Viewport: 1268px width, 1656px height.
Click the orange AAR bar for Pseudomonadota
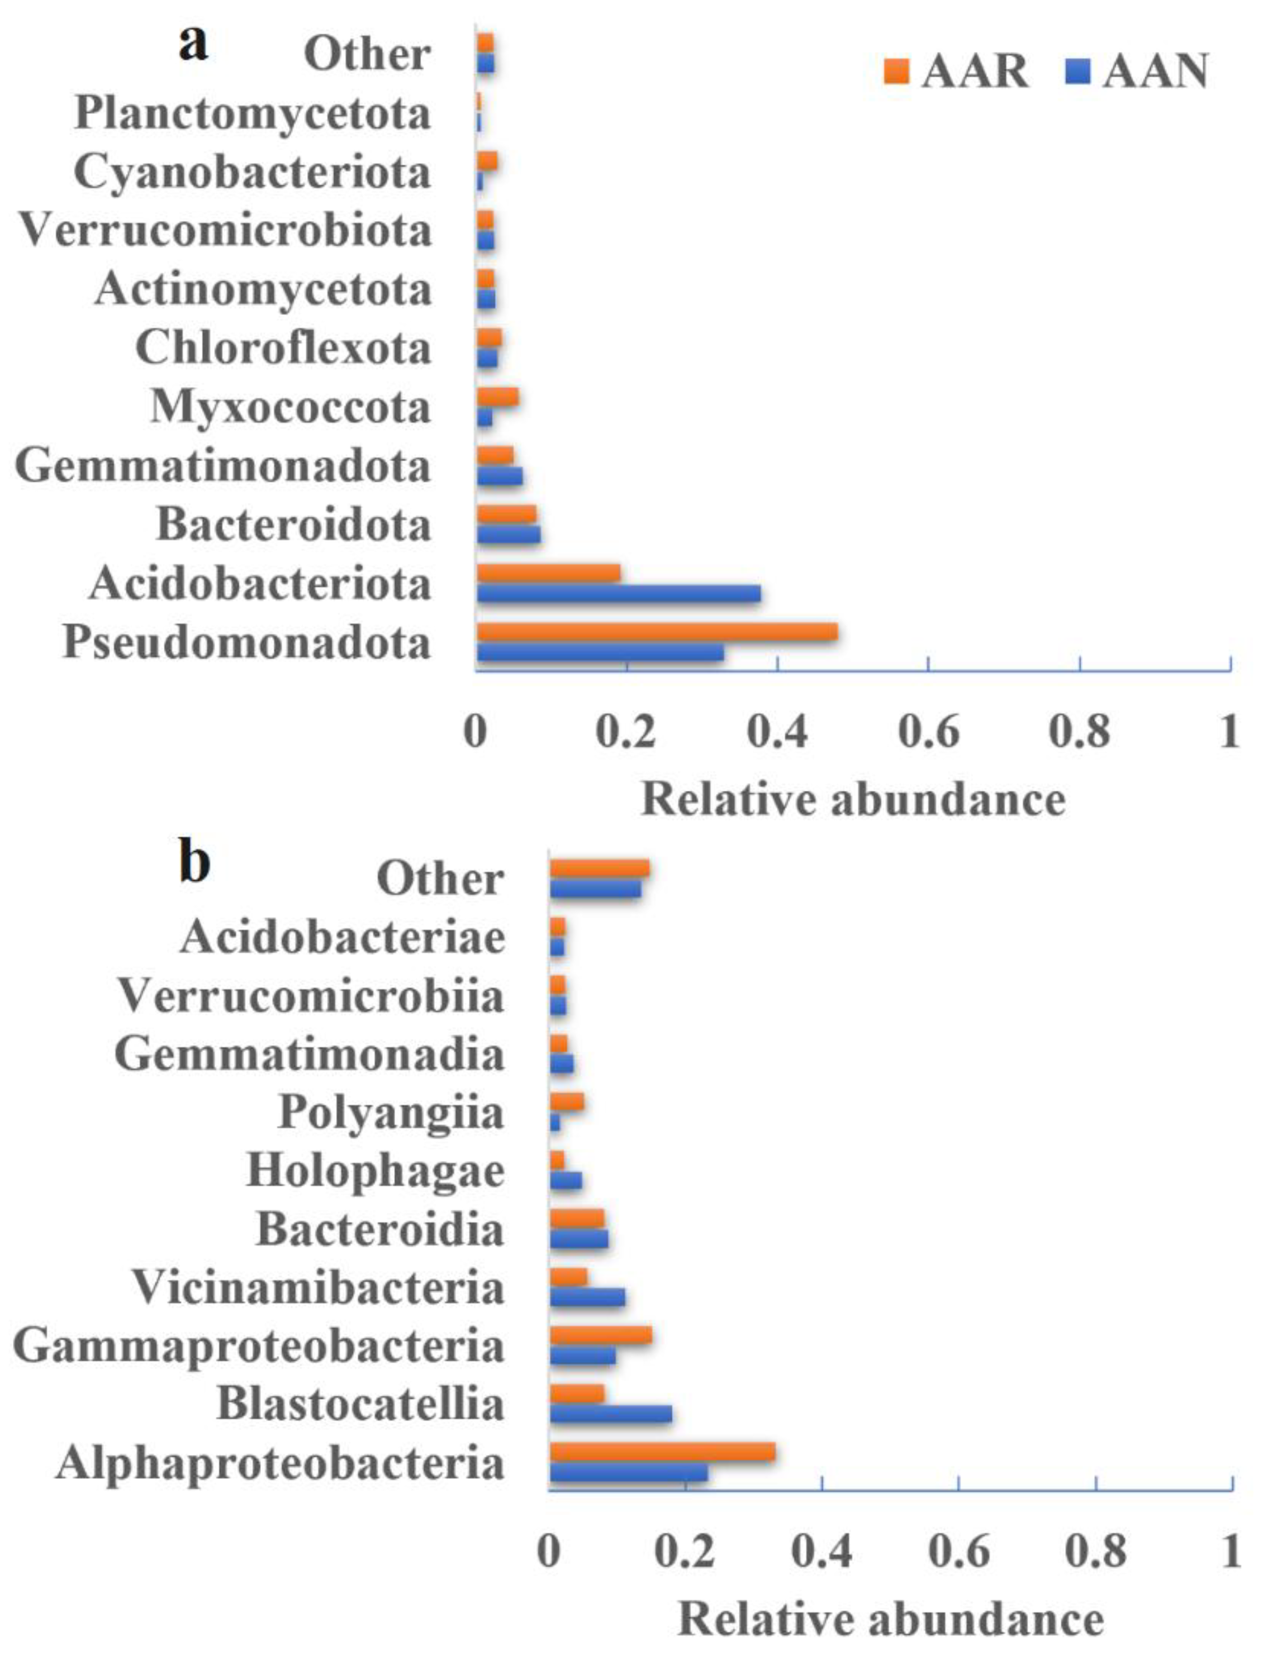(657, 632)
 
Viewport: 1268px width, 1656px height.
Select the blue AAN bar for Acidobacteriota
(618, 594)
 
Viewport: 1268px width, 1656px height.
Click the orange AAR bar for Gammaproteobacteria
(600, 1335)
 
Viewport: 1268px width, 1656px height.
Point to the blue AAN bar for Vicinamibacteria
(587, 1296)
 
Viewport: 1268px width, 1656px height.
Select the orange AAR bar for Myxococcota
(497, 397)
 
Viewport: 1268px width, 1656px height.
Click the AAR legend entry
(956, 71)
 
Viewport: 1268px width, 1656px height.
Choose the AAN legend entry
(1137, 71)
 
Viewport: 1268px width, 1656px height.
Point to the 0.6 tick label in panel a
(928, 731)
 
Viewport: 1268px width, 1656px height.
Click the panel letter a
(193, 44)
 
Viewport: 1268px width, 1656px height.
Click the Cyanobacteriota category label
(252, 172)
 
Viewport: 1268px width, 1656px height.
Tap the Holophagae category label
(375, 1171)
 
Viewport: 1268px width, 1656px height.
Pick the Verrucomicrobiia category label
(311, 996)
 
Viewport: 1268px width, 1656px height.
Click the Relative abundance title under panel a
(853, 799)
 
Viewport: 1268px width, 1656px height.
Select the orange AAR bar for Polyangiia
(567, 1103)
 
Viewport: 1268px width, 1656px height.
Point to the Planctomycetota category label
(253, 114)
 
